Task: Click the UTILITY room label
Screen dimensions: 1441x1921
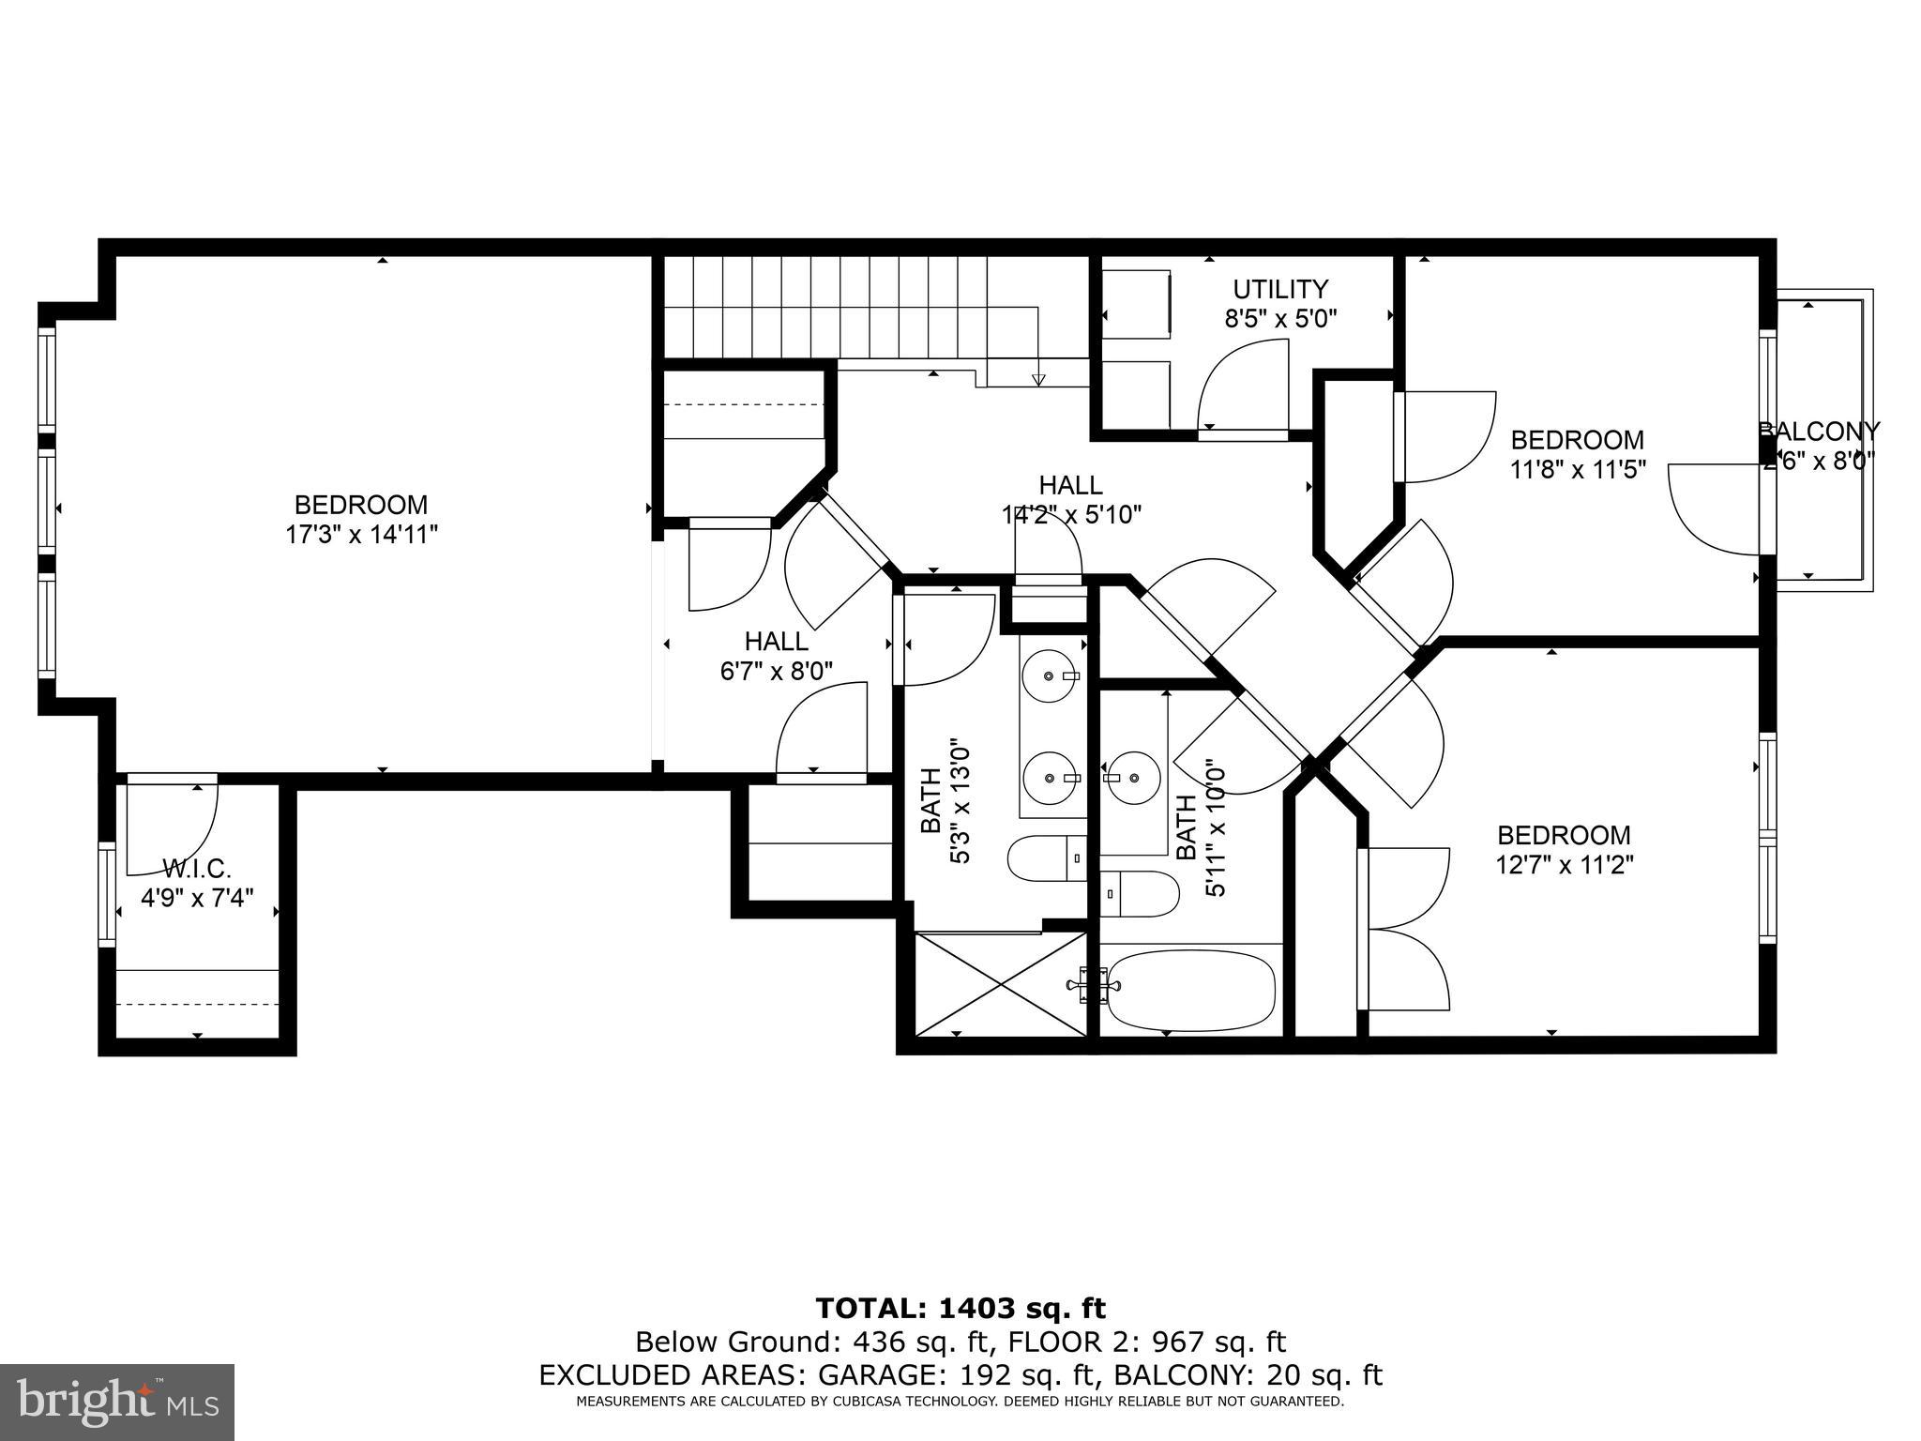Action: (x=1279, y=289)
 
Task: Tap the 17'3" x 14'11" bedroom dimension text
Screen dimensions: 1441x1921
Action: (x=362, y=535)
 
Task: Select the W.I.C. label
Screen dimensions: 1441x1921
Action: (x=197, y=868)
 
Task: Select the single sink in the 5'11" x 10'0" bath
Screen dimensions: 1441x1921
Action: (x=1133, y=777)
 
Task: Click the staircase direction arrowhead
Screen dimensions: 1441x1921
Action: (x=1038, y=380)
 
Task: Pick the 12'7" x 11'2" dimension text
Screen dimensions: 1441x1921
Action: (x=1564, y=864)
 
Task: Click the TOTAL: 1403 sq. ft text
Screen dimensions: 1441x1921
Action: (x=960, y=1308)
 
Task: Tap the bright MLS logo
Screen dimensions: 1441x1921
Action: (x=116, y=1403)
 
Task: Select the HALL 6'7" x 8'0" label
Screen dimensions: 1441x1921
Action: (x=777, y=656)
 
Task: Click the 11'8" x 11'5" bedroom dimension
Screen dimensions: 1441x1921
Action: (x=1578, y=469)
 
